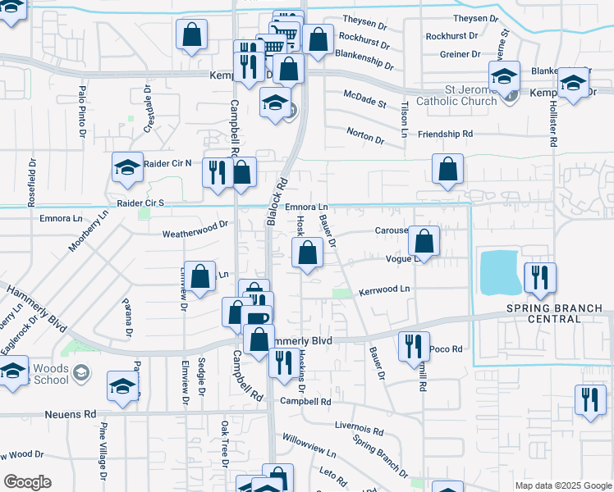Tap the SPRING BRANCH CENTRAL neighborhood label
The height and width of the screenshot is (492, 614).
coord(554,313)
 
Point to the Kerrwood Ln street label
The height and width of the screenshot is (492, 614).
coord(383,290)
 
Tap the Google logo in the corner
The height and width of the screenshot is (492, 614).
coord(26,482)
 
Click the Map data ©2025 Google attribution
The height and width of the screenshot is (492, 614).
coord(563,485)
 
